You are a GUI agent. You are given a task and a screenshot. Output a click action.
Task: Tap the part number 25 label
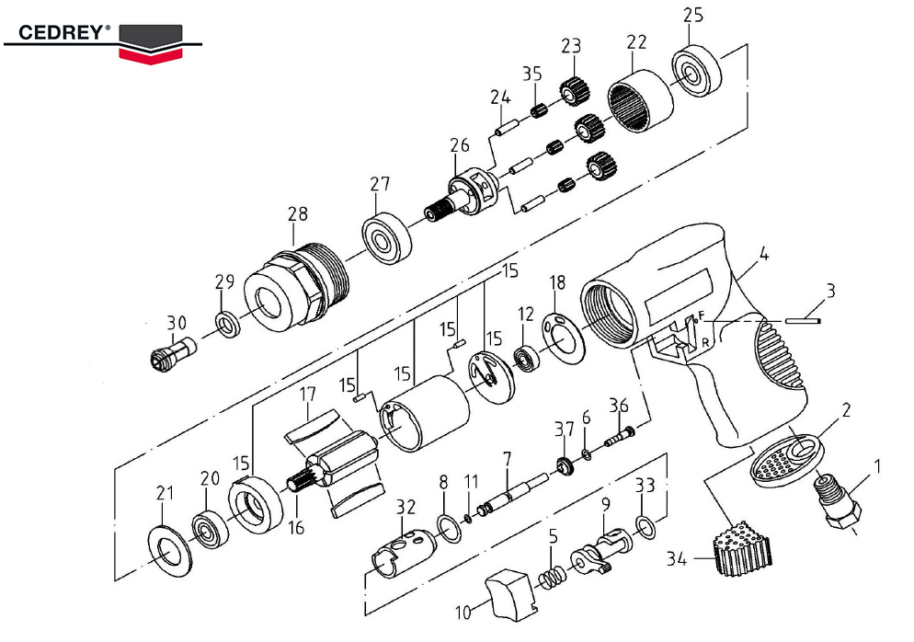tap(693, 16)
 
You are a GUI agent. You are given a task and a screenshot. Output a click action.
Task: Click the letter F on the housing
tap(700, 315)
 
